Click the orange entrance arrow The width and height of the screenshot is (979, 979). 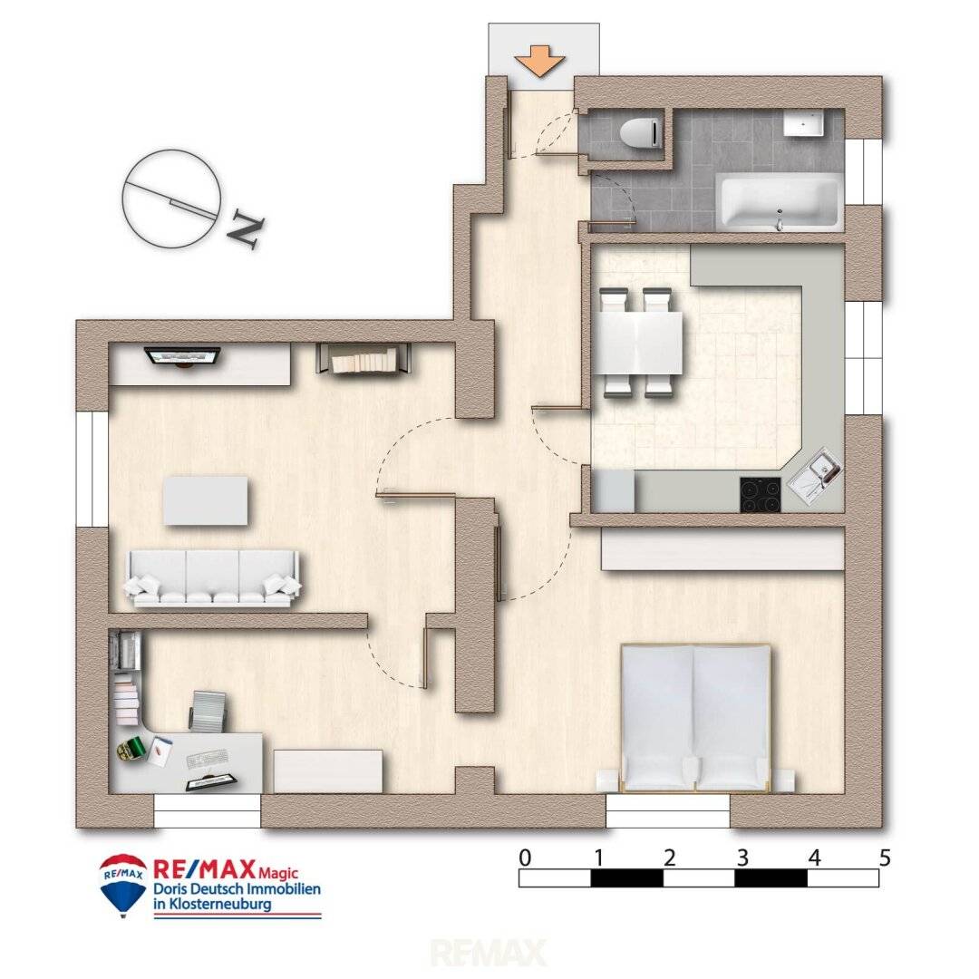click(x=540, y=63)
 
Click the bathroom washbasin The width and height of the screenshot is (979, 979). click(x=804, y=123)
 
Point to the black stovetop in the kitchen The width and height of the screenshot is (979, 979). click(x=761, y=495)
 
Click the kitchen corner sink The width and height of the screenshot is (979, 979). click(x=815, y=476)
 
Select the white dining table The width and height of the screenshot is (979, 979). click(x=637, y=343)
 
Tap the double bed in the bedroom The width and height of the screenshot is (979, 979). click(x=695, y=718)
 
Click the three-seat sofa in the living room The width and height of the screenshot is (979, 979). click(x=213, y=578)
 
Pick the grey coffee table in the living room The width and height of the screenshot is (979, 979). click(x=206, y=500)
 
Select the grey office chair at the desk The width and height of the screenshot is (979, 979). click(x=208, y=712)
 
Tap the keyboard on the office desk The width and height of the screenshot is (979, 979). click(x=206, y=759)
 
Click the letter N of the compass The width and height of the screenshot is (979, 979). click(x=245, y=232)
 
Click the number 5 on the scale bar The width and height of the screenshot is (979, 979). click(x=885, y=858)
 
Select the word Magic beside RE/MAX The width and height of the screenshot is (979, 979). click(x=278, y=873)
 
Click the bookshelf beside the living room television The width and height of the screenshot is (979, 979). click(x=364, y=359)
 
